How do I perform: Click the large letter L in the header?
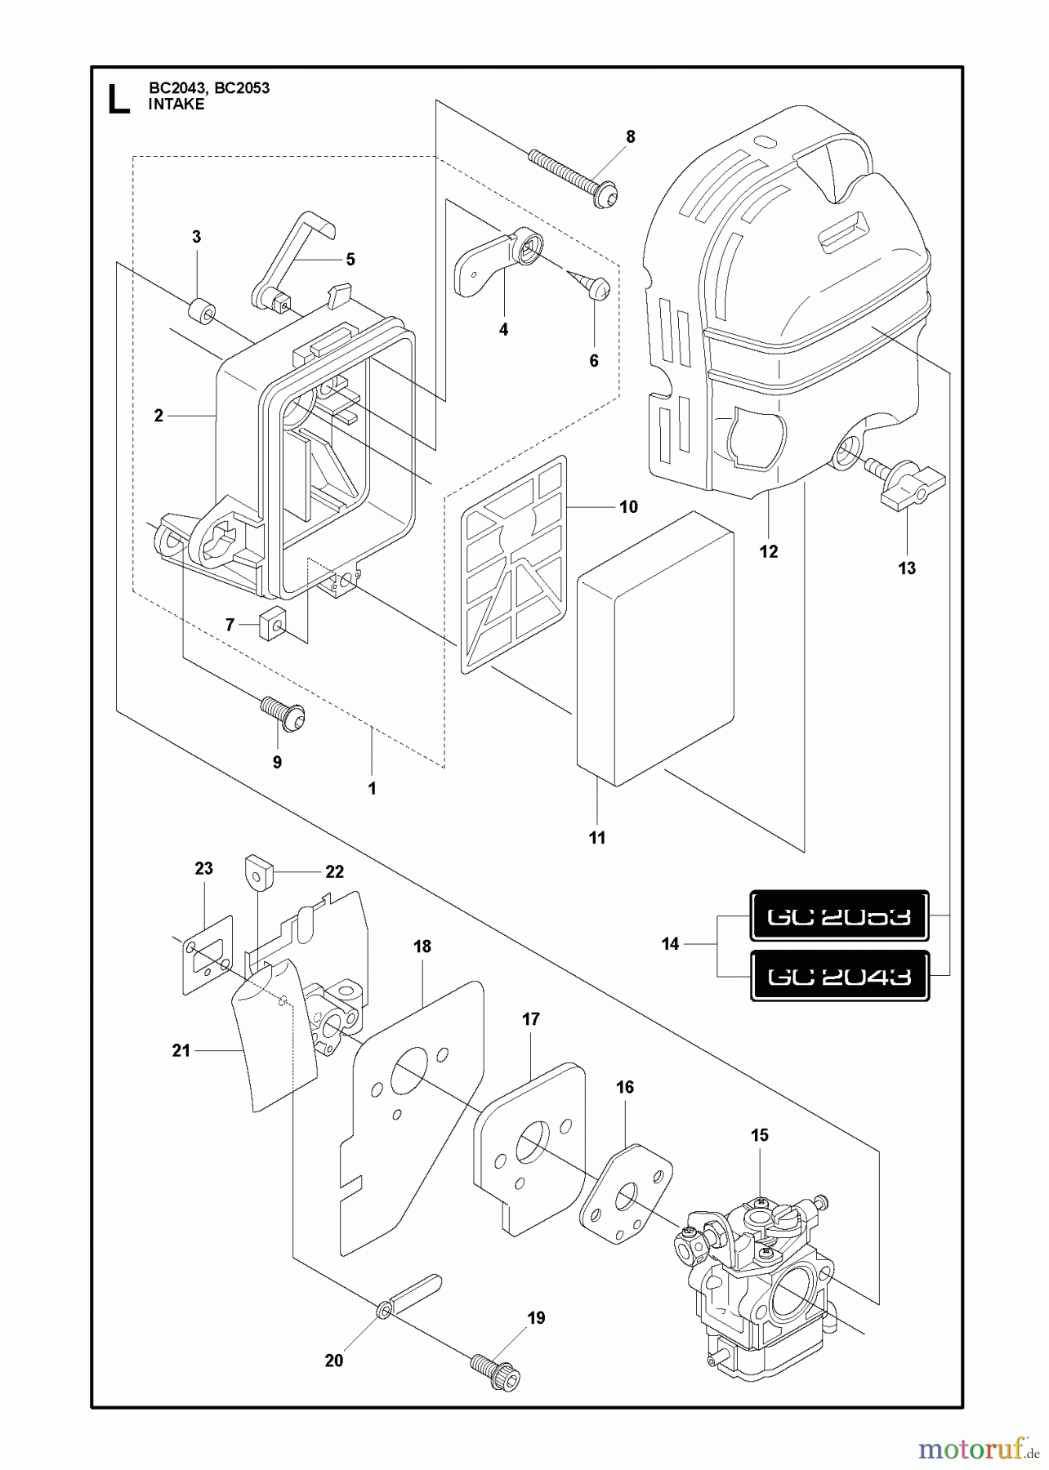tap(118, 98)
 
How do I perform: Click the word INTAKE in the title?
tap(176, 105)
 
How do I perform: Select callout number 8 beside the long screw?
tap(630, 137)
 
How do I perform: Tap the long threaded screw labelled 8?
tap(572, 175)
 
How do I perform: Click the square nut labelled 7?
tap(271, 626)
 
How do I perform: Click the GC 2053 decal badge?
tap(839, 915)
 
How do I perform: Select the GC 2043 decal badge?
tap(839, 976)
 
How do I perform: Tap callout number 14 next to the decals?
tap(670, 944)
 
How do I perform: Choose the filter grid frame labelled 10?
tap(513, 563)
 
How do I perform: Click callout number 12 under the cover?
tap(769, 552)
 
